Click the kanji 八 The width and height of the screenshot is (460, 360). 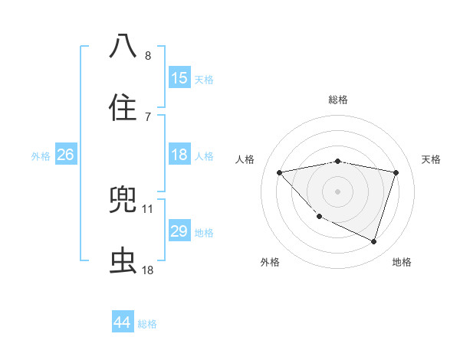(x=123, y=46)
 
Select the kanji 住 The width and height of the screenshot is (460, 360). (x=123, y=107)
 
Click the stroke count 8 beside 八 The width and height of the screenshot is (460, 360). (x=148, y=56)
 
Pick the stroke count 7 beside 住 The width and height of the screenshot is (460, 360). (x=148, y=117)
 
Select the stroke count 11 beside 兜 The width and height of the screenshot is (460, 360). (x=148, y=208)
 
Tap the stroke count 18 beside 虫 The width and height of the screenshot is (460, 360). (x=148, y=270)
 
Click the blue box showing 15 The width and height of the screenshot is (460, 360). (x=179, y=78)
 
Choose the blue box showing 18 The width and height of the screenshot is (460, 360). (x=179, y=155)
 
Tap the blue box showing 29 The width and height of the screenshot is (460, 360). (x=179, y=231)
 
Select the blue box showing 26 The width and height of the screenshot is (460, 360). (x=65, y=155)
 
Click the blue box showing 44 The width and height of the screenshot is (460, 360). (x=123, y=322)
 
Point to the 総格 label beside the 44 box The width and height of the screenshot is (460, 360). (x=148, y=324)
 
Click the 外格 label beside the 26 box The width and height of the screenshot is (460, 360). (x=41, y=156)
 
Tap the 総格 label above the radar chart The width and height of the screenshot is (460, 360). (x=338, y=100)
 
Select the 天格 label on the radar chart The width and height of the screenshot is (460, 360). (x=431, y=159)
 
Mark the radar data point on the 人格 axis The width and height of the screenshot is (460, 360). (x=280, y=172)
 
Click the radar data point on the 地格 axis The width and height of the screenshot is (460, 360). (x=373, y=241)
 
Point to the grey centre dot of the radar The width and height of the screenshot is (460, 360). (x=338, y=191)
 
